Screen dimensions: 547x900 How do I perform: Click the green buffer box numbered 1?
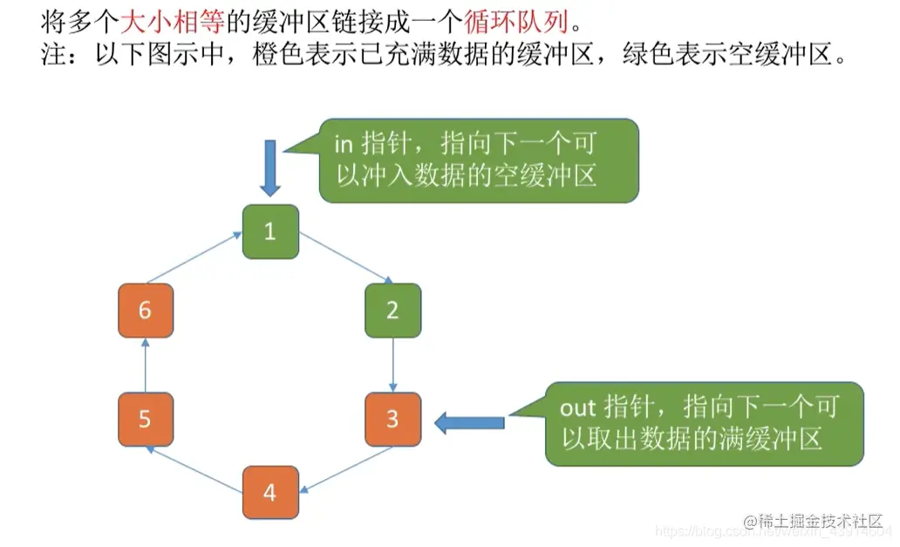click(x=270, y=232)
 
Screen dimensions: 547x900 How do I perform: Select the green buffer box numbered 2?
click(x=392, y=310)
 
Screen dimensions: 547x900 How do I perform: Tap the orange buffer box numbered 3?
click(x=392, y=420)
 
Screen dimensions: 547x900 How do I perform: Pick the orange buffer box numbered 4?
click(x=270, y=494)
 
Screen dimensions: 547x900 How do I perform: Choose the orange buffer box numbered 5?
click(x=146, y=420)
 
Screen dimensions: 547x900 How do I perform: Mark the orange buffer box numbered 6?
click(x=146, y=310)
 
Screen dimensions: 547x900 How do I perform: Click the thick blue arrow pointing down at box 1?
click(x=270, y=168)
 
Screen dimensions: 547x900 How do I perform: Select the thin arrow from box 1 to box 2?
click(x=344, y=258)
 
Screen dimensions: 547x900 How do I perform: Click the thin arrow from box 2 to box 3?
click(x=393, y=365)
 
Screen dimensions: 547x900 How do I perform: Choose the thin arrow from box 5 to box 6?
click(x=146, y=365)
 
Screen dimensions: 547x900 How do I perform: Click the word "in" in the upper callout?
click(x=343, y=145)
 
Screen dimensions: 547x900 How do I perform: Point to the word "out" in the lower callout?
click(x=576, y=407)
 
